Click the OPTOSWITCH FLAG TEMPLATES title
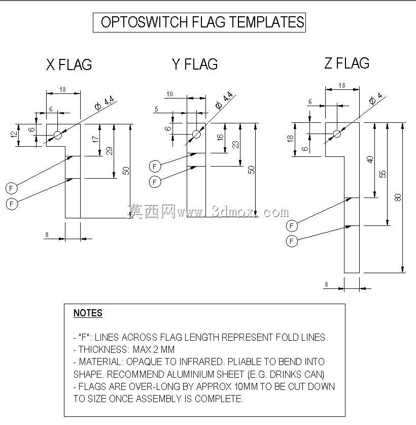pos(202,22)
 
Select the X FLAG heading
pos(69,64)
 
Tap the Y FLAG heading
pos(195,64)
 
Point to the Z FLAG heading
pos(346,63)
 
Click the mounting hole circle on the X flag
pos(58,135)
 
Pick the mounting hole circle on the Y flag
pos(196,134)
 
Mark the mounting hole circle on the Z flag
pos(337,134)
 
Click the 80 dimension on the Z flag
pos(398,198)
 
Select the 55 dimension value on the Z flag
pos(383,174)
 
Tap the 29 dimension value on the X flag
pos(109,151)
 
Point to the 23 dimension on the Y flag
pos(236,145)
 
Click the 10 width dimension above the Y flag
pos(169,94)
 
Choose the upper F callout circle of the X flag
pos(11,188)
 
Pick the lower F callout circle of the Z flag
pos(292,241)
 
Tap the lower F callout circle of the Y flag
pos(155,182)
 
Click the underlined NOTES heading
pos(88,313)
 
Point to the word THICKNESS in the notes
pos(102,349)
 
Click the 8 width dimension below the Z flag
pos(326,284)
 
